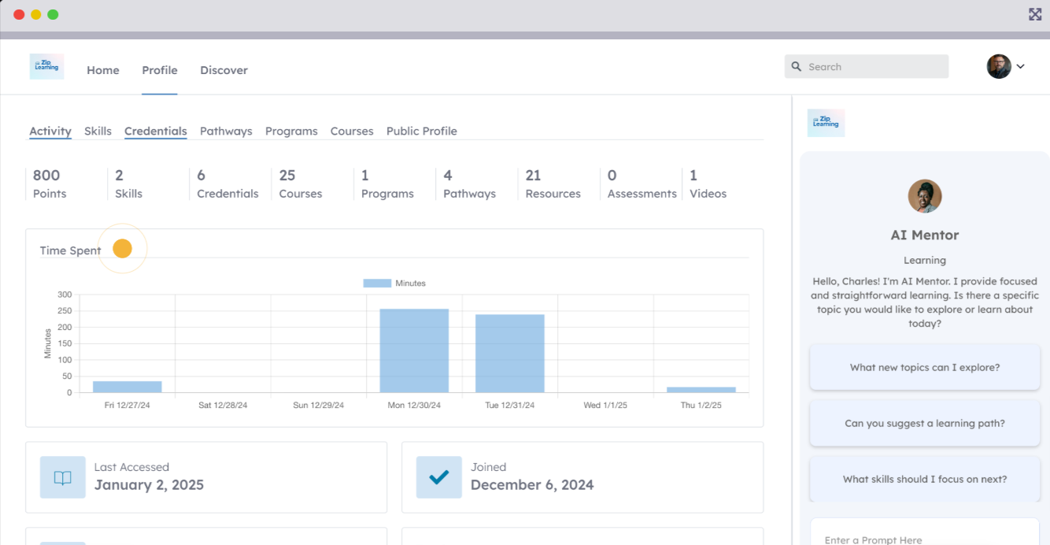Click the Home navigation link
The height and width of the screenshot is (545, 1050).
pos(103,70)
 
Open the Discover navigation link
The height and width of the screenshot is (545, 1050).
pos(224,70)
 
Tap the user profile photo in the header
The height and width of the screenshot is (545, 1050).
pos(999,66)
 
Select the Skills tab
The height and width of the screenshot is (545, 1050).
pos(98,131)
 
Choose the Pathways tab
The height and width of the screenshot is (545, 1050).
pos(226,131)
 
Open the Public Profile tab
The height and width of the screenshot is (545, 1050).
pos(421,131)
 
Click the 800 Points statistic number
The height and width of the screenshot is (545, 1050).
pos(46,175)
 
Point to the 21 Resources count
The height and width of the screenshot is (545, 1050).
pos(533,175)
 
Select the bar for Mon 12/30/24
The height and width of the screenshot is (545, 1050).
pos(414,350)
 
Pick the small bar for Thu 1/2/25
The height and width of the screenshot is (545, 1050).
pos(701,389)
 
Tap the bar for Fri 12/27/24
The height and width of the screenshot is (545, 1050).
pos(128,387)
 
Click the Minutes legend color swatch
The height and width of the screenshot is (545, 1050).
pos(377,283)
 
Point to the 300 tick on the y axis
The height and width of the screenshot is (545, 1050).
pos(65,295)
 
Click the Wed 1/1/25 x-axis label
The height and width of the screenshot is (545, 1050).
pos(605,405)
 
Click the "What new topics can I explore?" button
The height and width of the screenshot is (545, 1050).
pos(925,367)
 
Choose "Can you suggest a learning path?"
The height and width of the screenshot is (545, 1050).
pos(925,423)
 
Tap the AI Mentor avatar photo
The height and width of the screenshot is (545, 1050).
pos(925,196)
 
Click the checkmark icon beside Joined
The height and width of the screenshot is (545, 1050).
pos(439,476)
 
